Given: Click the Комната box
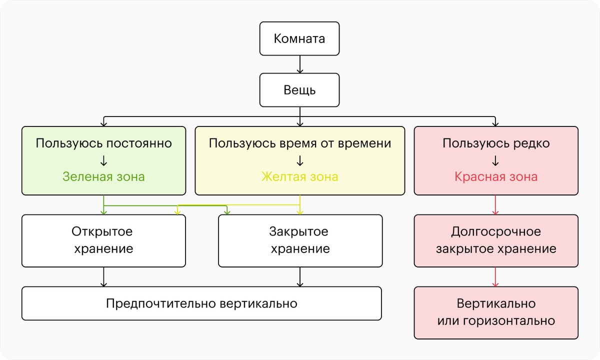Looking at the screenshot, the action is tap(299, 38).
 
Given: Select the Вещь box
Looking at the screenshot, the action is tap(299, 90).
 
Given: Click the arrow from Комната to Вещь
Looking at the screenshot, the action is tap(300, 64).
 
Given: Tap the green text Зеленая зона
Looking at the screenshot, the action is tap(103, 177).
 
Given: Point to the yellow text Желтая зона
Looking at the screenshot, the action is tap(299, 177).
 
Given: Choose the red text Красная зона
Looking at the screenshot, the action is tap(496, 177).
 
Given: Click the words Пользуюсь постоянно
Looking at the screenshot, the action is tap(103, 143).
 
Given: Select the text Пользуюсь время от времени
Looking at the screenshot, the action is tap(300, 143).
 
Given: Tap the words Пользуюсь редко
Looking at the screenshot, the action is tap(496, 143).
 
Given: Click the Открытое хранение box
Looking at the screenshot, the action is tap(103, 241).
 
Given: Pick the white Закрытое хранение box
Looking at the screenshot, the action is tap(300, 241).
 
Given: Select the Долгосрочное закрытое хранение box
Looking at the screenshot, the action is tap(496, 241).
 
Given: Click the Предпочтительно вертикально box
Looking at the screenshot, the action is tap(201, 303).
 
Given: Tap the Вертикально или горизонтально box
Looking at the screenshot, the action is tap(496, 313).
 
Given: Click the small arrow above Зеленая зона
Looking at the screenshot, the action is tap(103, 160).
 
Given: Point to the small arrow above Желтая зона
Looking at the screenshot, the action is tap(300, 160).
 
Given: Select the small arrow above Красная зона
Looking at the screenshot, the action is tap(495, 160).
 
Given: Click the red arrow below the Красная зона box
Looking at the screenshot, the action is tap(495, 205).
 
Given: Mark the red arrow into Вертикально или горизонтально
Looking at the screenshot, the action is tap(495, 277).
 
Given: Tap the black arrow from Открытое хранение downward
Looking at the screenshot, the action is tap(103, 277).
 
